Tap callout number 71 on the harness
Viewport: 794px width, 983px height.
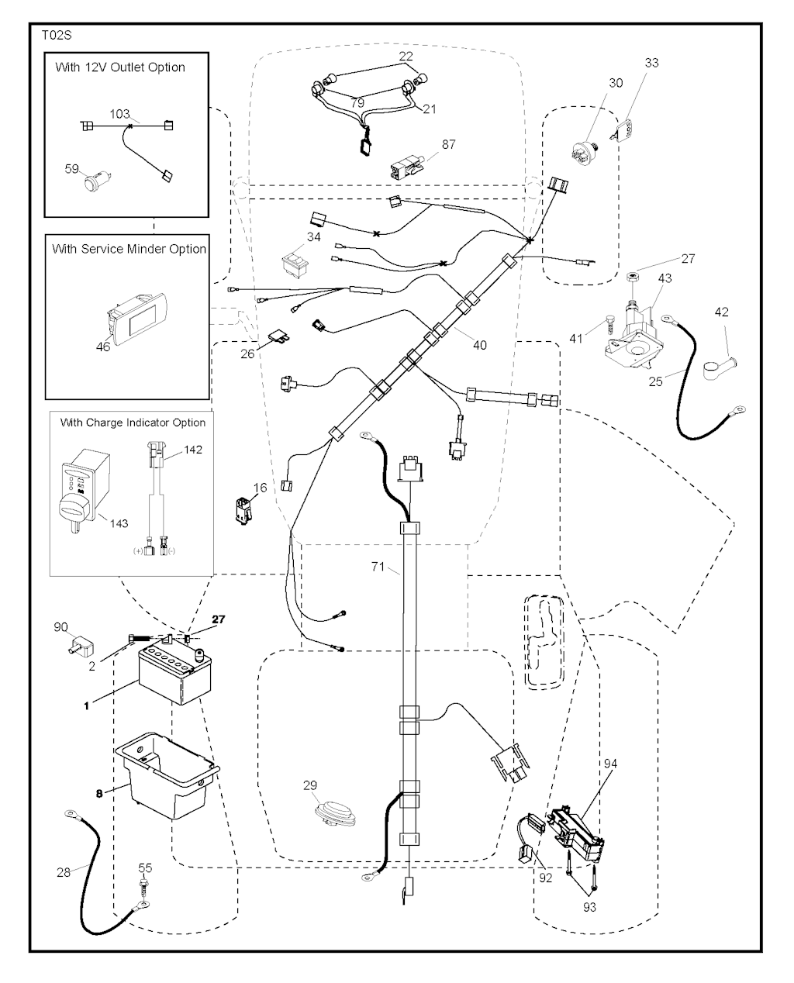(x=378, y=567)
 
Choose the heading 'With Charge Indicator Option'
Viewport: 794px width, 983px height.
(x=133, y=423)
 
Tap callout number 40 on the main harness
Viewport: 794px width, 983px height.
(x=479, y=344)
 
